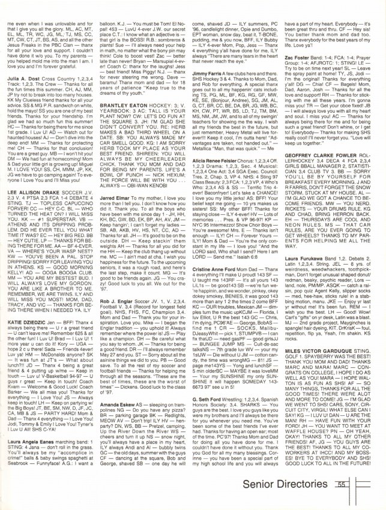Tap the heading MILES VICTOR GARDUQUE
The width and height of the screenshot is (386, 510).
click(x=321, y=385)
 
